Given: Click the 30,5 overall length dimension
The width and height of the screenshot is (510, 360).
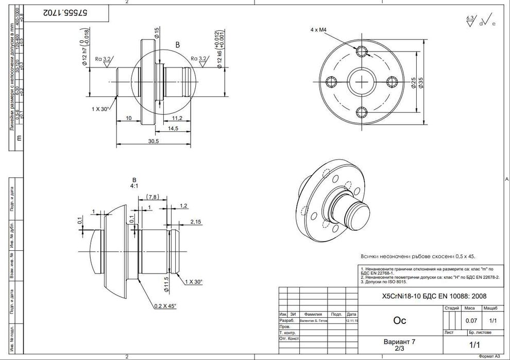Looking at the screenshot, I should [x=152, y=141].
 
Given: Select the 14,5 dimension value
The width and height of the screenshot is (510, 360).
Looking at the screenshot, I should [x=173, y=128].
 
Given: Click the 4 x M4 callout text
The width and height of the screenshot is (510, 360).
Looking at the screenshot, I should [x=319, y=30].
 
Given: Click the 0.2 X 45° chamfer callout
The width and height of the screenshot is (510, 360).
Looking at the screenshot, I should [x=165, y=305].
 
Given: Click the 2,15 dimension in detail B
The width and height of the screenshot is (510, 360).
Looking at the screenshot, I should [x=195, y=221].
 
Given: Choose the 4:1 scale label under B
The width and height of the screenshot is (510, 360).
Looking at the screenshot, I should [x=133, y=186].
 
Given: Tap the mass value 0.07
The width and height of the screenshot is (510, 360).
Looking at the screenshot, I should [x=470, y=320].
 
